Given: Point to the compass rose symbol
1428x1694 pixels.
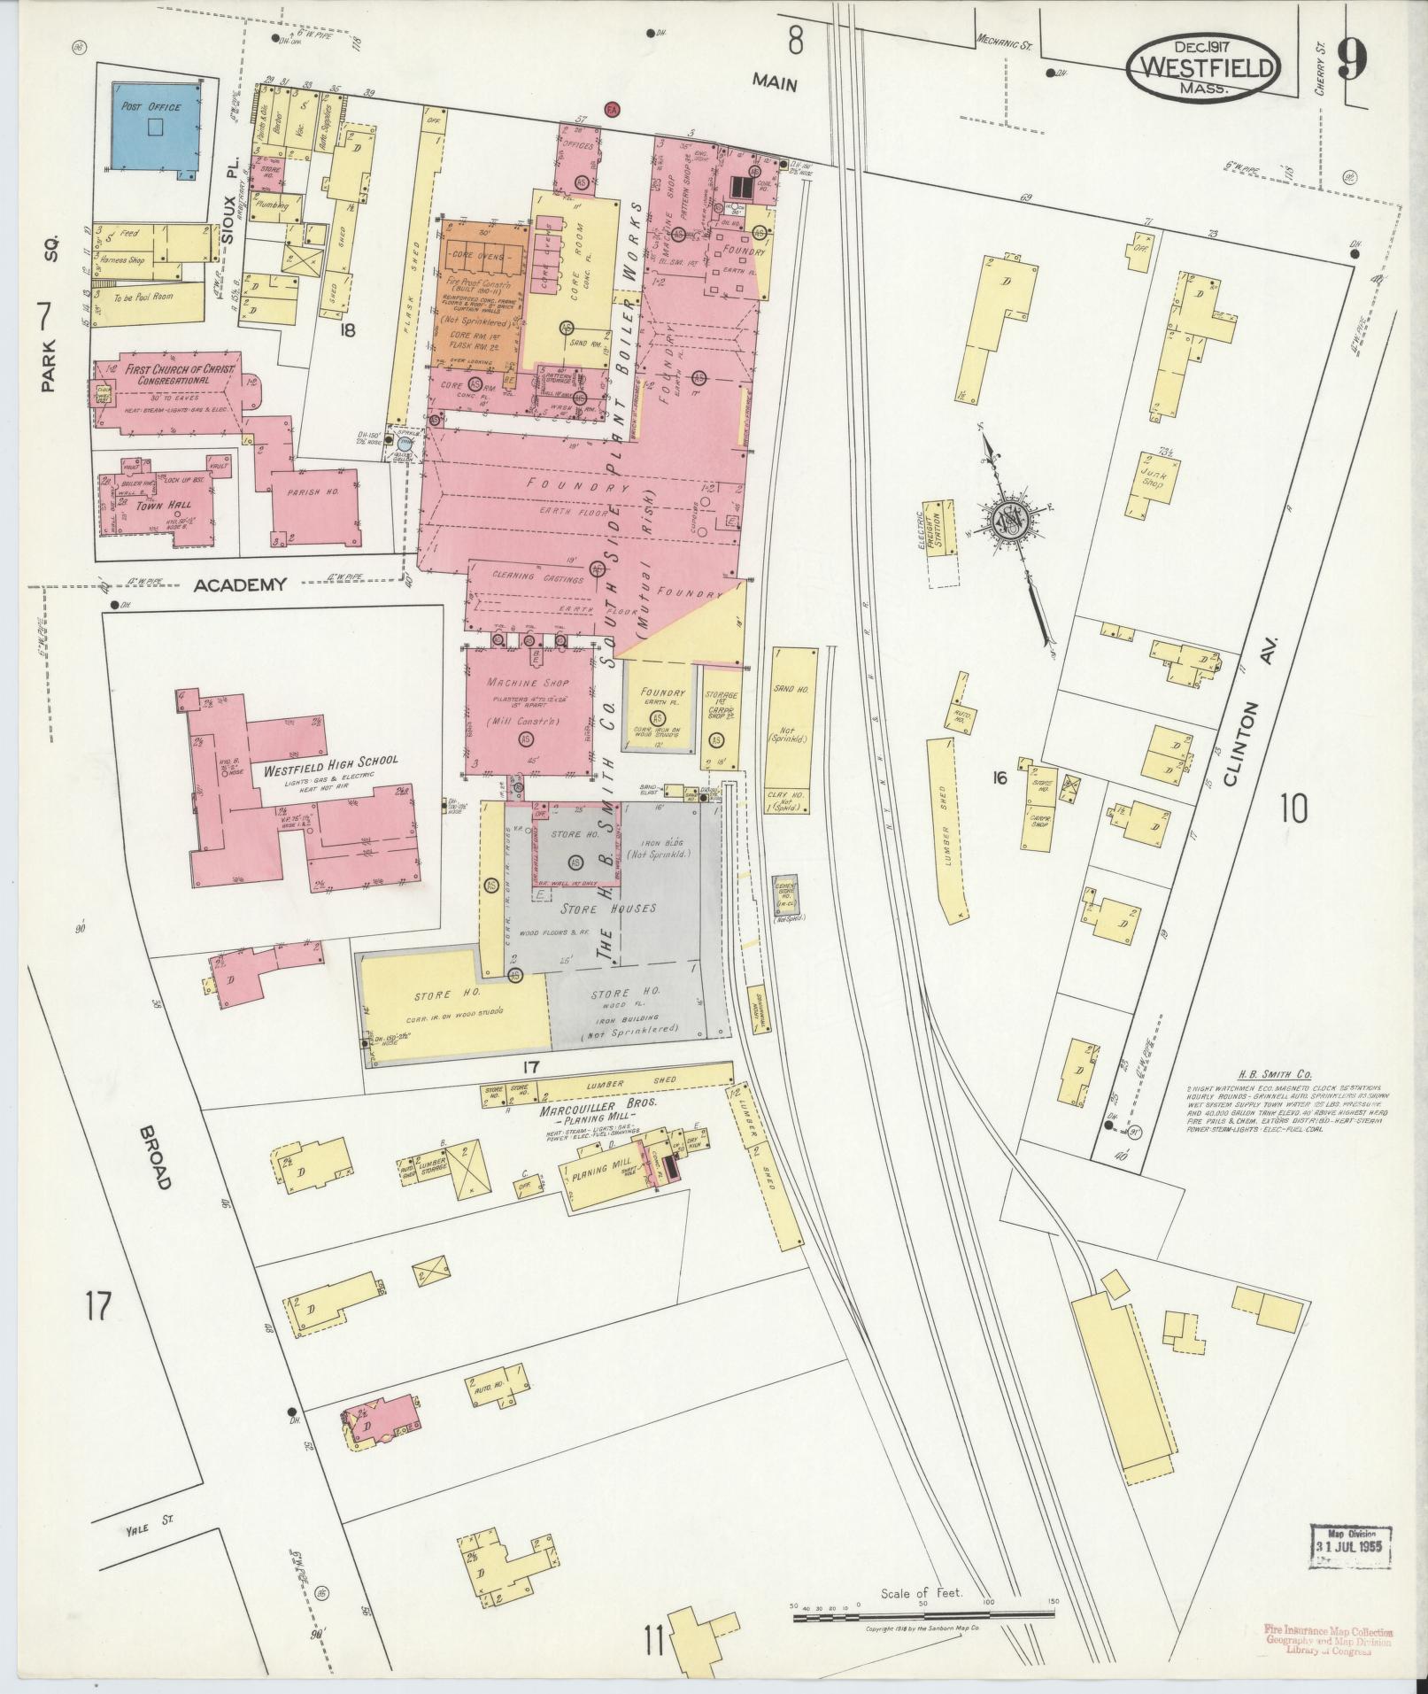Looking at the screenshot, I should (x=1007, y=519).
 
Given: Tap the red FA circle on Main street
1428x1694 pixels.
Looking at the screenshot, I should (x=611, y=109).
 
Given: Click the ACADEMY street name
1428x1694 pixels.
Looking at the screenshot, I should (x=241, y=584).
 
